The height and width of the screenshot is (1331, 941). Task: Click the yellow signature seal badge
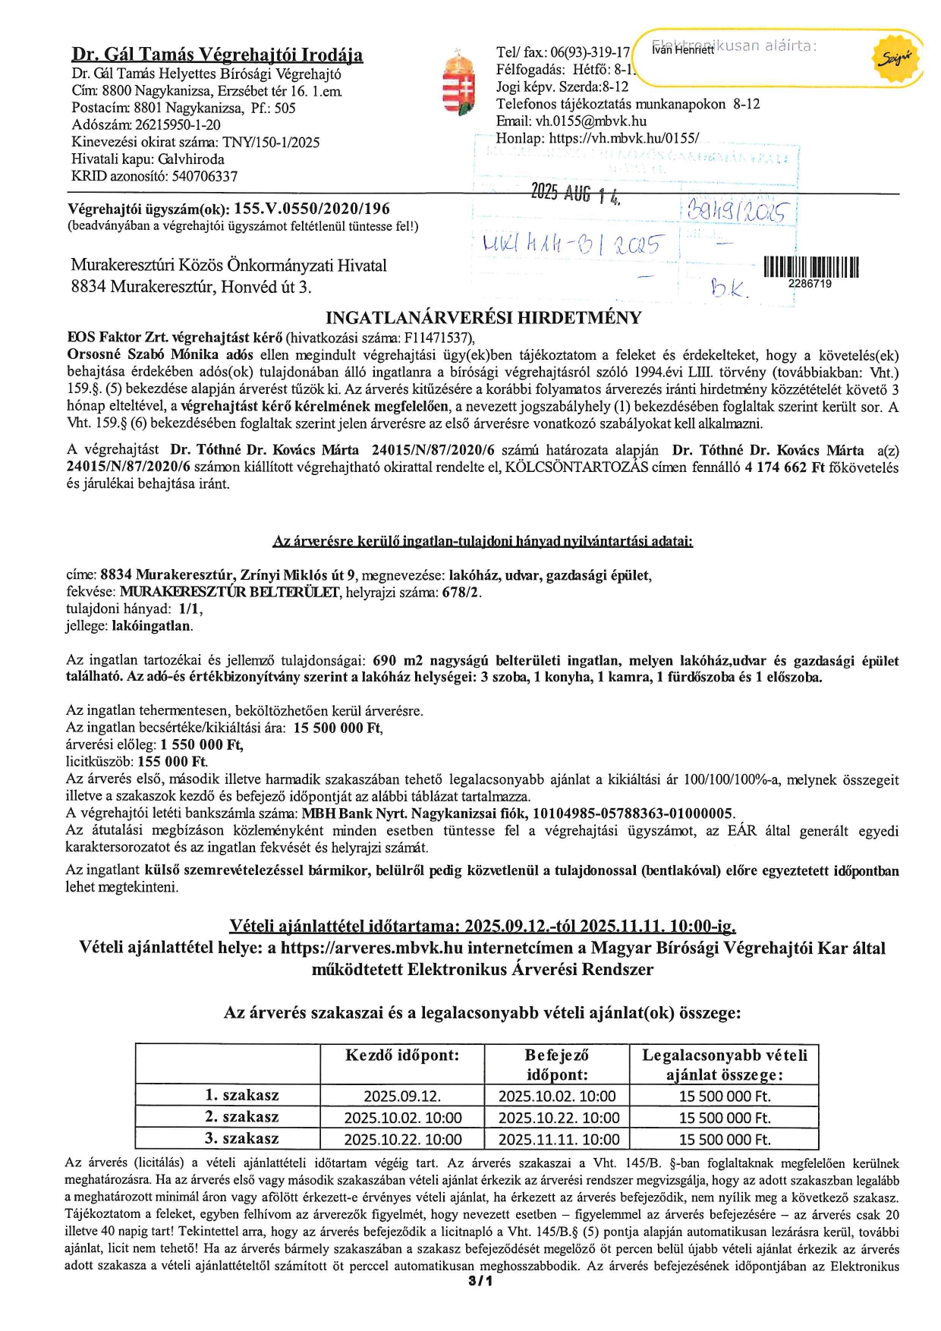899,58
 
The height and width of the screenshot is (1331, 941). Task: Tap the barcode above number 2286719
810,267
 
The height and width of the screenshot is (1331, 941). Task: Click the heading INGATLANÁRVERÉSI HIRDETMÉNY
483,317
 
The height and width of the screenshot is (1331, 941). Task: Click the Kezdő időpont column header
402,1056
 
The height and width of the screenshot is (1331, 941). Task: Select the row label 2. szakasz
242,1117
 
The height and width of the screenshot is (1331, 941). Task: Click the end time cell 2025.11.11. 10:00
559,1139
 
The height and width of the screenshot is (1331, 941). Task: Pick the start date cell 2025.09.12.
402,1096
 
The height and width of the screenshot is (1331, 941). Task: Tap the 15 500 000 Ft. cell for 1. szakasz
724,1096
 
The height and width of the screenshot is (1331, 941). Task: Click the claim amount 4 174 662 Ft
784,467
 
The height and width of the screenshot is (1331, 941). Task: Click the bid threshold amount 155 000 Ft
177,761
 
